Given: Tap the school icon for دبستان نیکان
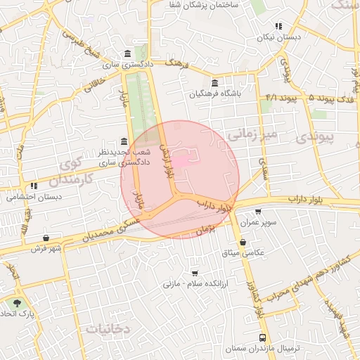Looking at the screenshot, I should pyautogui.click(x=279, y=25).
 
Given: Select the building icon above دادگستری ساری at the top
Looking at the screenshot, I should pyautogui.click(x=127, y=54).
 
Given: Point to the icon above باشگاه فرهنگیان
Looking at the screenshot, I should pyautogui.click(x=214, y=82).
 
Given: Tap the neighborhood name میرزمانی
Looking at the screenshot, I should pyautogui.click(x=255, y=133).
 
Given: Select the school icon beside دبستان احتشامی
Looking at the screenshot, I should pyautogui.click(x=34, y=186).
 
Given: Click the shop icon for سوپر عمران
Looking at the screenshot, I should pyautogui.click(x=258, y=212).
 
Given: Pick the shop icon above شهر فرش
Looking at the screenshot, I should pyautogui.click(x=46, y=238).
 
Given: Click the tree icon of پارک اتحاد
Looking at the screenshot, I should pyautogui.click(x=15, y=303).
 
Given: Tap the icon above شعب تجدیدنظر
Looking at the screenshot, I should pyautogui.click(x=124, y=141).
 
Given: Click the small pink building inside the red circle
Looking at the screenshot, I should pyautogui.click(x=180, y=162).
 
